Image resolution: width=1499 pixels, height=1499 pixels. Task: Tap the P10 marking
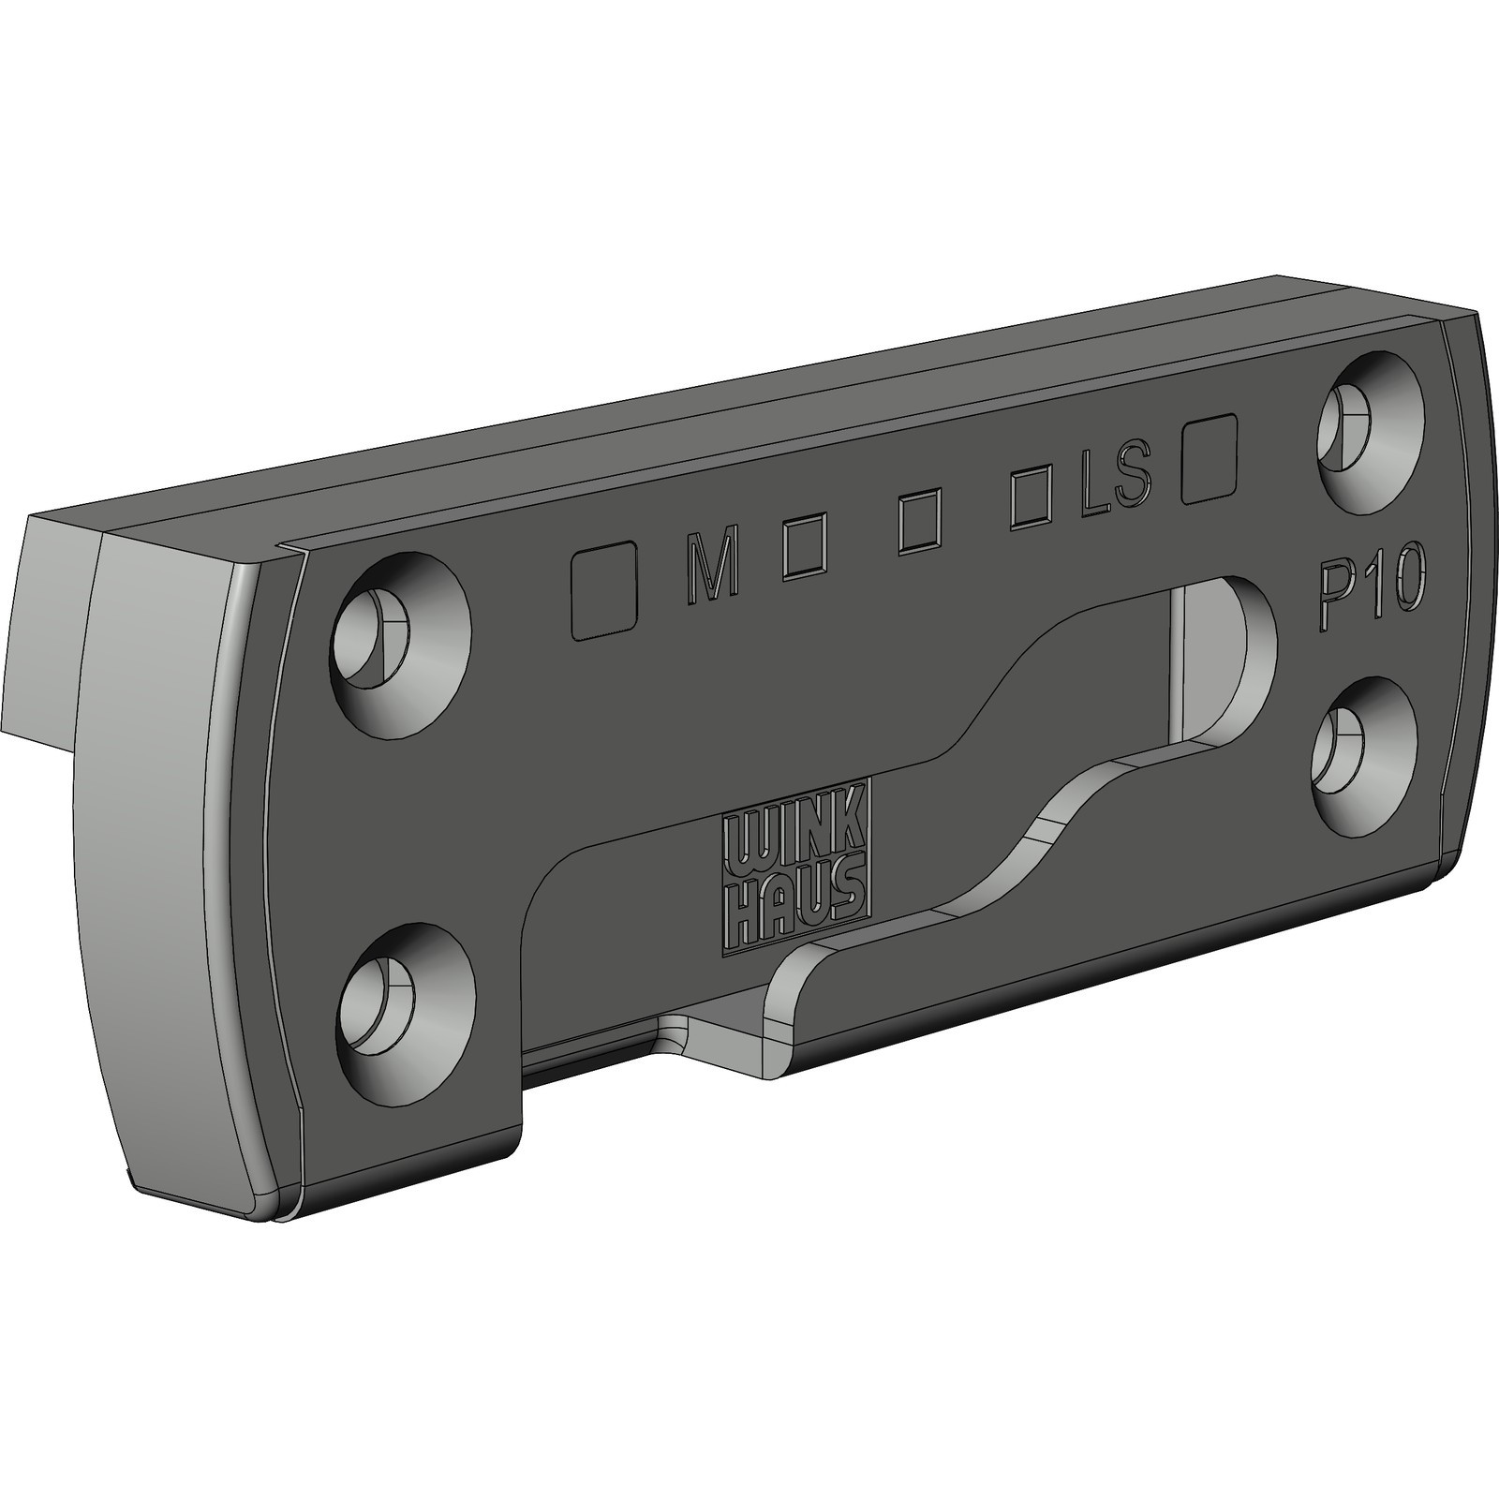[1370, 598]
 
